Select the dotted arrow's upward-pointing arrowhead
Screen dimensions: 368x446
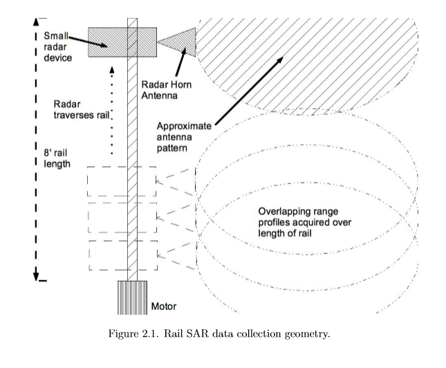[x=112, y=69]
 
